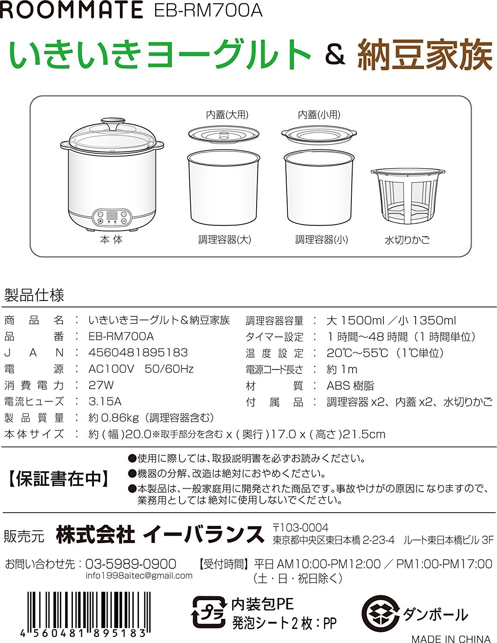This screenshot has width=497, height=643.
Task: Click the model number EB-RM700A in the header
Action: point(208,10)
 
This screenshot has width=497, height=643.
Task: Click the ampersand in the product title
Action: point(335,55)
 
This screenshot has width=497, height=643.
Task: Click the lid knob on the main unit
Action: point(113,124)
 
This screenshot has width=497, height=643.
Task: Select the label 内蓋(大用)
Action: point(227,115)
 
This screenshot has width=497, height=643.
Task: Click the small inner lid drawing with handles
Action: point(319,135)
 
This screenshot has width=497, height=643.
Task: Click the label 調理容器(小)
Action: point(321,240)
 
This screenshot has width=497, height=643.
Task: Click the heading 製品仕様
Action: point(34,295)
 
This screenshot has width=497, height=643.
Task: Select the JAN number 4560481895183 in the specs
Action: point(138,352)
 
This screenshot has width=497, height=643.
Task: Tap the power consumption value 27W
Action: point(101,385)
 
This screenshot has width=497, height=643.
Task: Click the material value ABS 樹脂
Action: point(350,385)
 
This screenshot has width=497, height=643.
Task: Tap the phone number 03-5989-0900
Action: point(131,564)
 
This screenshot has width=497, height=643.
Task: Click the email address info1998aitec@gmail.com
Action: point(139,576)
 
